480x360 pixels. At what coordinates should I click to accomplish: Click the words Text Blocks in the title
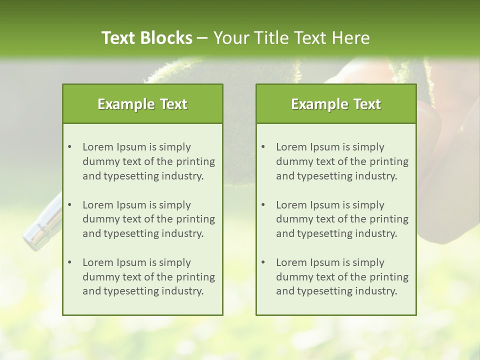pyautogui.click(x=146, y=38)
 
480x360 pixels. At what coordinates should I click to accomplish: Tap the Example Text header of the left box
pyautogui.click(x=142, y=104)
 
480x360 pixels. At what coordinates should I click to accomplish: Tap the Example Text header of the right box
pyautogui.click(x=336, y=104)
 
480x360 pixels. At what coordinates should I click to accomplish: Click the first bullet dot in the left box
pyautogui.click(x=69, y=147)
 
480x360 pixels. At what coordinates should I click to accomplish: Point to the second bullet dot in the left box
pyautogui.click(x=69, y=205)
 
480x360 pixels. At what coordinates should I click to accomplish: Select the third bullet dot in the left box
pyautogui.click(x=69, y=262)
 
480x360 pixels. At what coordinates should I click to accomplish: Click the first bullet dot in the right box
pyautogui.click(x=263, y=147)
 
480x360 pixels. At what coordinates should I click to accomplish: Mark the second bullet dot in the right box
pyautogui.click(x=263, y=205)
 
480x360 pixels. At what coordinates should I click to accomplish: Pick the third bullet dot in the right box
pyautogui.click(x=263, y=262)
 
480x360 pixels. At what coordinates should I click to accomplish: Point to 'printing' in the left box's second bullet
pyautogui.click(x=195, y=219)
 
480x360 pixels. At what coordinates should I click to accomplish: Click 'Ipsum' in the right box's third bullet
pyautogui.click(x=325, y=262)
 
